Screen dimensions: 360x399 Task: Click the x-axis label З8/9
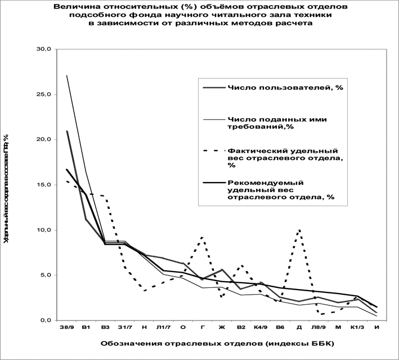tap(66, 327)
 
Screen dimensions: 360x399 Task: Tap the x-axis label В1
tap(86, 327)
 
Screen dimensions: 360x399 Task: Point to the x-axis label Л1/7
tap(163, 327)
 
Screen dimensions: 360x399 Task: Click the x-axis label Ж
tap(222, 327)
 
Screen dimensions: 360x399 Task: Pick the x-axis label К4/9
tap(260, 327)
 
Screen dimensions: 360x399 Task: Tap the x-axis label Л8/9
tap(318, 327)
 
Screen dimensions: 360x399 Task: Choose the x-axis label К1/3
tap(357, 327)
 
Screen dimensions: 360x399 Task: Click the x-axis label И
tap(376, 327)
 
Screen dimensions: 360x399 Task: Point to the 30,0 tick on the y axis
tap(43, 49)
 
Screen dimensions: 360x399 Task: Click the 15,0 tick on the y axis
tap(43, 185)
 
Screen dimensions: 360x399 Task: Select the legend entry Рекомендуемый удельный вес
tap(281, 190)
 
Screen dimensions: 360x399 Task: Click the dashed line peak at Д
tap(299, 229)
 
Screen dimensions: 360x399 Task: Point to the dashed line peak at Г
tap(202, 237)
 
